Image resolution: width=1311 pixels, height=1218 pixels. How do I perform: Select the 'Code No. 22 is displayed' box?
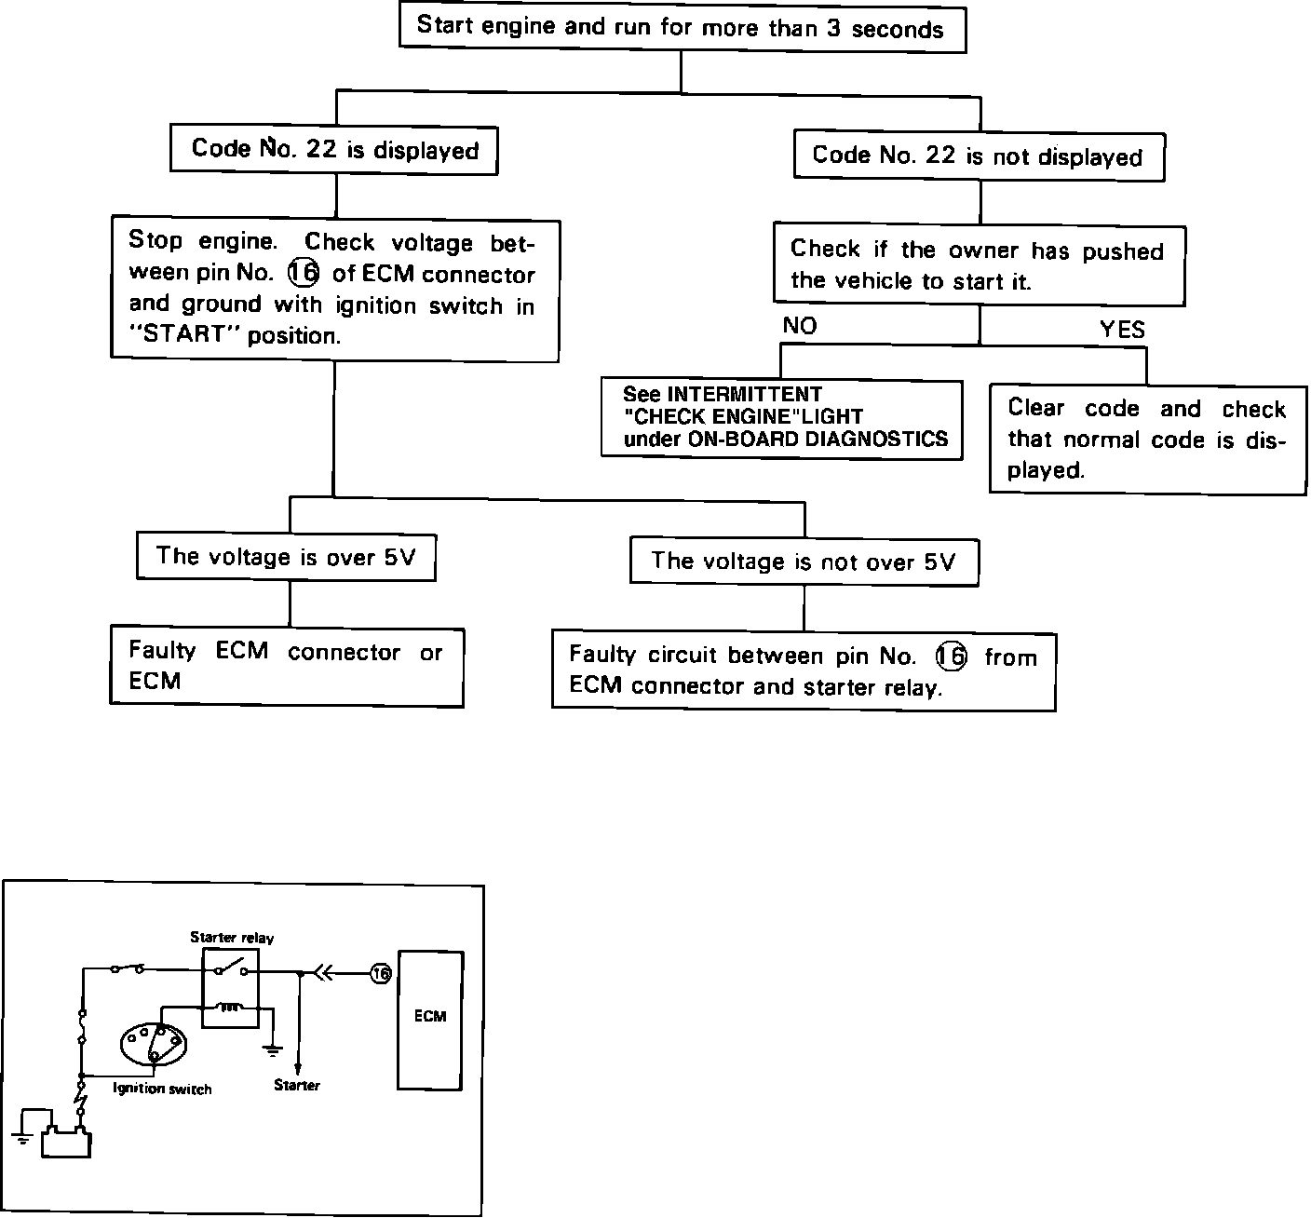(334, 150)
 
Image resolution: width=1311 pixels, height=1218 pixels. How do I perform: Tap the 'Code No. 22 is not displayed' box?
(978, 156)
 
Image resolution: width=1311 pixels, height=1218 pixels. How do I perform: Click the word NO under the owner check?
(800, 326)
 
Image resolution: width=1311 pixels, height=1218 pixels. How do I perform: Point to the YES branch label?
(1122, 329)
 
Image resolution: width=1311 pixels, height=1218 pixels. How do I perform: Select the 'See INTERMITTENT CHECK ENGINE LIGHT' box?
(781, 417)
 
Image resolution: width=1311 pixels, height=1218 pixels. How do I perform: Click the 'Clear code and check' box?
(1146, 440)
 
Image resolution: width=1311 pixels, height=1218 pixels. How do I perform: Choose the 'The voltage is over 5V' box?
(287, 557)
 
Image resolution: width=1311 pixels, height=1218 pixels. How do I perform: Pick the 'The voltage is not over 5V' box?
(804, 561)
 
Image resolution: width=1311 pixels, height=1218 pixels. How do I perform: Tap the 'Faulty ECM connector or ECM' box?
(286, 667)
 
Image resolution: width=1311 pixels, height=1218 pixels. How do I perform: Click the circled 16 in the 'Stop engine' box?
(304, 274)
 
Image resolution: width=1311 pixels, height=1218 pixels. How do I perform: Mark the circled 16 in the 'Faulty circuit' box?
(952, 656)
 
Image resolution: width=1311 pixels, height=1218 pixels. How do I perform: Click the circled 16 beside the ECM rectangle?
(379, 974)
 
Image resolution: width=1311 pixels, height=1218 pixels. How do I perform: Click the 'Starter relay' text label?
(232, 938)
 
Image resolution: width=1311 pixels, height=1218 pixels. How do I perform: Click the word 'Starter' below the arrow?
(297, 1086)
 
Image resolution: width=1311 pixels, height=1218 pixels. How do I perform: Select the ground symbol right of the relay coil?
(273, 1049)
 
